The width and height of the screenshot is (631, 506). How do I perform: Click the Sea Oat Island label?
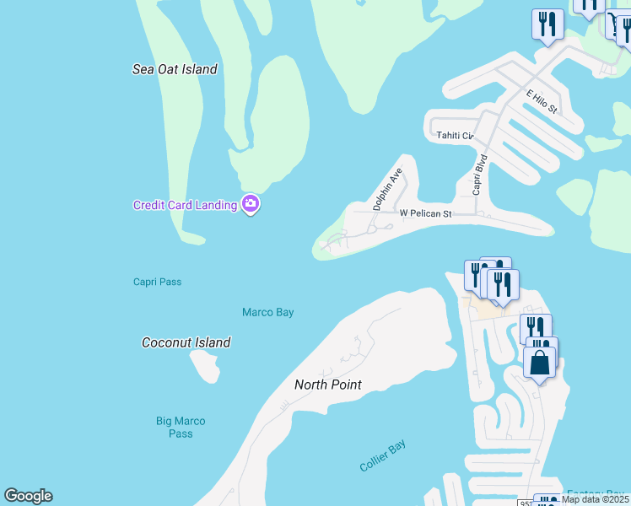(175, 69)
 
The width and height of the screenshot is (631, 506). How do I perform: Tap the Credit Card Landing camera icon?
(250, 204)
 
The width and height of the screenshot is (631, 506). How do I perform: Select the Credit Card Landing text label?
(185, 205)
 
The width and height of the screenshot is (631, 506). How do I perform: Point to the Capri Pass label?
(157, 282)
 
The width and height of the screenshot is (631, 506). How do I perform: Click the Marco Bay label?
(267, 312)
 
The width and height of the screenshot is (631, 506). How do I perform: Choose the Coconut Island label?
(186, 342)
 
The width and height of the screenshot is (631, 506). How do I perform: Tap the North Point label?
(327, 385)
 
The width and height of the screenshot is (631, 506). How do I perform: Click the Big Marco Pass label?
(181, 427)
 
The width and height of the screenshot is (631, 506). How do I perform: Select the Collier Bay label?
(383, 456)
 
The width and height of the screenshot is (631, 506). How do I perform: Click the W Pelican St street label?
(425, 213)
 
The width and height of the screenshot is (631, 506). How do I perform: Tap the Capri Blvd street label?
(480, 174)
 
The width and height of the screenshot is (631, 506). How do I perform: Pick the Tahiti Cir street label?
(455, 135)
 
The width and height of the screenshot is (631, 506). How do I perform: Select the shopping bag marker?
(540, 363)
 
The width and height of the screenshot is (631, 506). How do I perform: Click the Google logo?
(28, 496)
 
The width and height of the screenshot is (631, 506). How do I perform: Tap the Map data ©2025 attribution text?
(595, 499)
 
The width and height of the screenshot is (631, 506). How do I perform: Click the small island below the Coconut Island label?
(205, 366)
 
